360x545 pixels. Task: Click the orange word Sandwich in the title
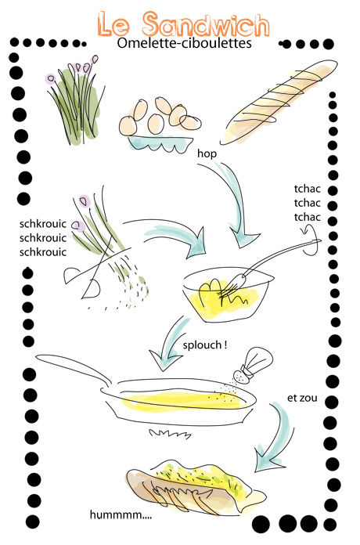[x=206, y=24]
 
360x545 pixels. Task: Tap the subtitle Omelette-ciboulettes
[x=184, y=43]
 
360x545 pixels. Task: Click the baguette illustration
[x=278, y=102]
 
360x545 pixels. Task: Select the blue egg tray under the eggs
[x=160, y=143]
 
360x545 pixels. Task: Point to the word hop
[x=207, y=153]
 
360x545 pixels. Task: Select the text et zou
[x=302, y=398]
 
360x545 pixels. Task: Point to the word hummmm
[x=121, y=514]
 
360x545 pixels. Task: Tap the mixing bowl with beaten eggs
[x=228, y=294]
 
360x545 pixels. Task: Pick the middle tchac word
[x=308, y=203]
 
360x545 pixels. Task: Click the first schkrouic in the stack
[x=43, y=224]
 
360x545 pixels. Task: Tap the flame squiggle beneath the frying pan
[x=171, y=434]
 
